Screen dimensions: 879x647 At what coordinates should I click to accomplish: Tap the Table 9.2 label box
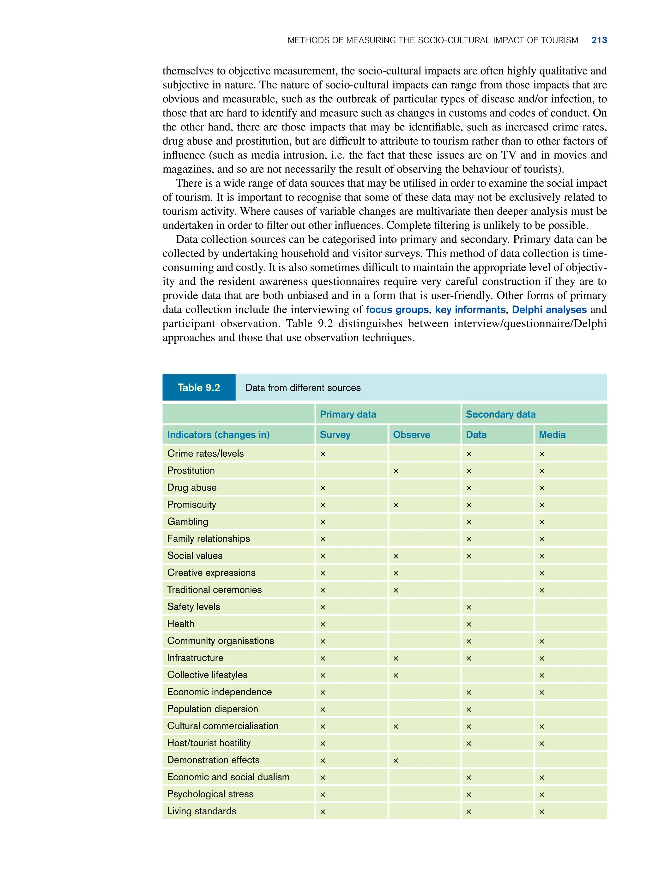click(x=199, y=387)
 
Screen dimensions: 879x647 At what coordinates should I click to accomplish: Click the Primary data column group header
click(x=348, y=414)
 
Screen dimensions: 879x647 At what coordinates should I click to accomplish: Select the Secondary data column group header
click(x=500, y=414)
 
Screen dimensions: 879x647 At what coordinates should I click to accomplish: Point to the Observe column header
click(x=411, y=435)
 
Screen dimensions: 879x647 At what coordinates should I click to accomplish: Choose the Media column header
click(x=552, y=435)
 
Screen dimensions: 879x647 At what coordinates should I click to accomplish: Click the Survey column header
click(x=335, y=435)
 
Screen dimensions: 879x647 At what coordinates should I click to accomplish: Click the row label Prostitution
click(x=191, y=470)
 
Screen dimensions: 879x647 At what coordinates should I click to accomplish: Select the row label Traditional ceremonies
click(x=214, y=590)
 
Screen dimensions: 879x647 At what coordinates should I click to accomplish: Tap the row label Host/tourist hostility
click(x=209, y=743)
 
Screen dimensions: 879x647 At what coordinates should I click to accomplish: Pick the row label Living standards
click(x=201, y=811)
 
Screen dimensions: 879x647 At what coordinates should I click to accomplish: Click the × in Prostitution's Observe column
click(x=396, y=471)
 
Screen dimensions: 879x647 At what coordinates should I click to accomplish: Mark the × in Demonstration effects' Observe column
click(x=396, y=760)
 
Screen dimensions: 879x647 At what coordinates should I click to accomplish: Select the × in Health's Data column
click(x=469, y=624)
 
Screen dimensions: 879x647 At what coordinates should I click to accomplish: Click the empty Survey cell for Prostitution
click(x=351, y=470)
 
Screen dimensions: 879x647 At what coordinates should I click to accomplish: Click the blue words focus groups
click(x=397, y=310)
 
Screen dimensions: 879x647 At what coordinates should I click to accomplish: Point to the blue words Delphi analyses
click(x=549, y=310)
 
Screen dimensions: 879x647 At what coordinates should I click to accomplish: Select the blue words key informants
click(x=470, y=310)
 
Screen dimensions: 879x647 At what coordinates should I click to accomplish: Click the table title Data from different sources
click(x=303, y=388)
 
